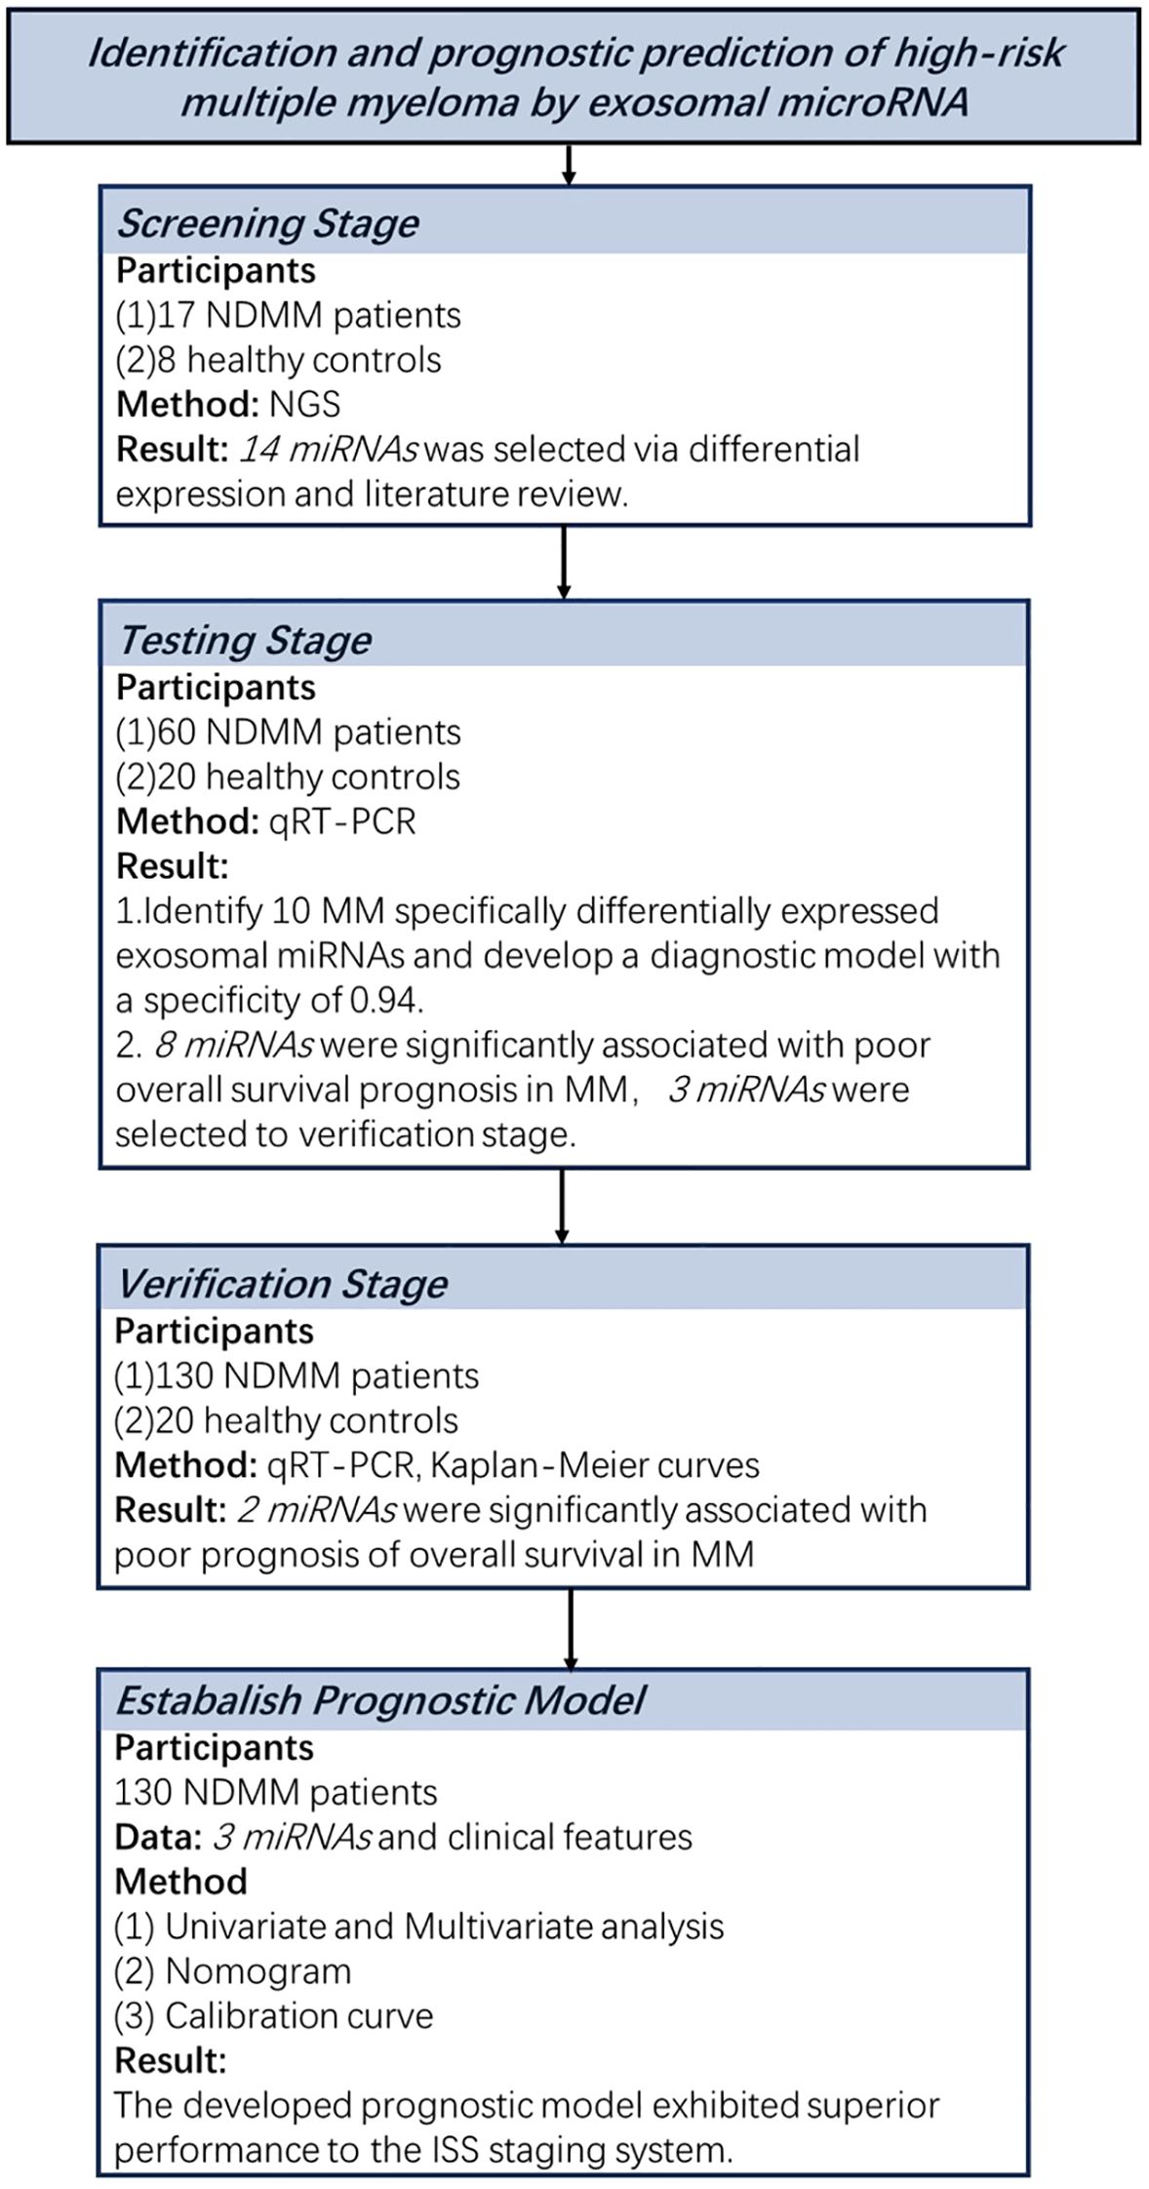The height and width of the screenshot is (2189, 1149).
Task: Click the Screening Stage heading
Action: click(267, 223)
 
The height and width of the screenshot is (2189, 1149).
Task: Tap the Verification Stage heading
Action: click(281, 1283)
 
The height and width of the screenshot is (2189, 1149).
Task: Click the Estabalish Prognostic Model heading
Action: click(380, 1699)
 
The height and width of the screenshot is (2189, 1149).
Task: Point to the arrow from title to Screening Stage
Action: click(570, 165)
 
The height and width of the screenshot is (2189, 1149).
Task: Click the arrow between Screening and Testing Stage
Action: click(564, 563)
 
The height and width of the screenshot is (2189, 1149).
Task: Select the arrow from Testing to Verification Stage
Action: click(563, 1206)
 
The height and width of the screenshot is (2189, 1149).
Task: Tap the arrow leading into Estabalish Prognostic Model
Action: click(571, 1628)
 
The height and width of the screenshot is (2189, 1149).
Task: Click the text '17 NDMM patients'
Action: click(306, 315)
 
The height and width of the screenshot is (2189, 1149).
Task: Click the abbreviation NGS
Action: click(304, 404)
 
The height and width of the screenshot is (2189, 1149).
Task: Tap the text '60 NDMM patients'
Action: click(307, 732)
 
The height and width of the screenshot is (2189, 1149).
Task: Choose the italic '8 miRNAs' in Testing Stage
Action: click(233, 1045)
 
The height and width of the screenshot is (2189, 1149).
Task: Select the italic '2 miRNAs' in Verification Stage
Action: click(316, 1509)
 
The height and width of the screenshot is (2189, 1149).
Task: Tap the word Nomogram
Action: click(258, 1970)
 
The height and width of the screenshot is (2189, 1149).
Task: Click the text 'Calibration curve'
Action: click(298, 2015)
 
